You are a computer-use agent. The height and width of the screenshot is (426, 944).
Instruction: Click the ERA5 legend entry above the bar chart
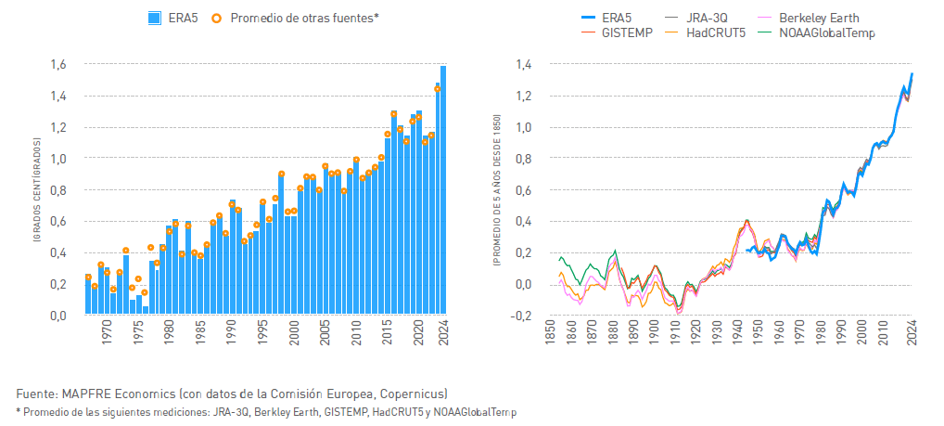click(x=172, y=17)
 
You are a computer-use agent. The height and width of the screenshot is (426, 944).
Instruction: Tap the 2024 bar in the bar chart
click(x=443, y=190)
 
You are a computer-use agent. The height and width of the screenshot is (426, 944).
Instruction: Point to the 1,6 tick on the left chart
click(x=57, y=65)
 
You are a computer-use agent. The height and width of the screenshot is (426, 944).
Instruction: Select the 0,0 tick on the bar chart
click(x=57, y=316)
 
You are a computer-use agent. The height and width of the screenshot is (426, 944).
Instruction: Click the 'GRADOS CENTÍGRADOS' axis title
click(x=35, y=190)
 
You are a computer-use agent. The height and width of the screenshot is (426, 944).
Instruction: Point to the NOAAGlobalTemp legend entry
click(x=825, y=32)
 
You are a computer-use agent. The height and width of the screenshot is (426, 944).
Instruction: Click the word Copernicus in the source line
click(x=414, y=393)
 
